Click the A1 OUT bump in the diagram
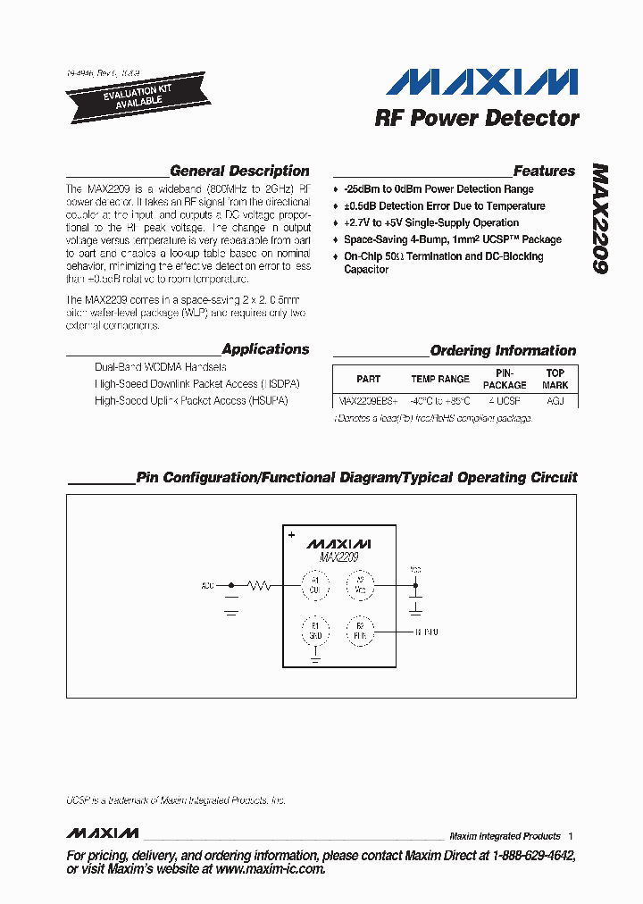(x=314, y=586)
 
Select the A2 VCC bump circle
(x=361, y=586)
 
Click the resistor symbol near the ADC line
(x=260, y=586)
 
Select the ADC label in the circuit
(x=208, y=586)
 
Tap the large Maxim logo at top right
(x=482, y=83)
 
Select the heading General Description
(x=239, y=171)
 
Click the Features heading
(x=544, y=171)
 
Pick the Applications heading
(x=265, y=349)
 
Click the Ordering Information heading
(x=503, y=350)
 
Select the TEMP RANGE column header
(x=439, y=379)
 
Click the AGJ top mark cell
(x=555, y=402)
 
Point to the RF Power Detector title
(x=477, y=118)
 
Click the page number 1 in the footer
(x=570, y=836)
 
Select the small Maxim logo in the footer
(x=103, y=833)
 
